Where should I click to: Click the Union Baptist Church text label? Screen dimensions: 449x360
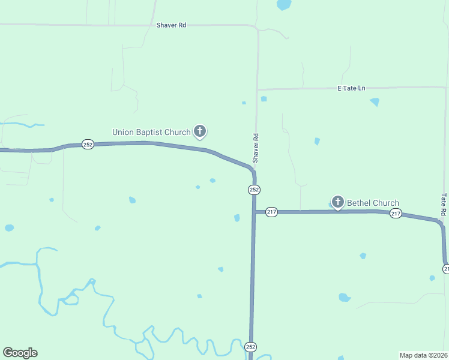(x=151, y=132)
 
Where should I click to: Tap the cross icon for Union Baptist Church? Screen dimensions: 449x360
(x=200, y=131)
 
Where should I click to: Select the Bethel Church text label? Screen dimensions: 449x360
(x=373, y=203)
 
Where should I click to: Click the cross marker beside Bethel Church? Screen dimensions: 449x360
(x=338, y=202)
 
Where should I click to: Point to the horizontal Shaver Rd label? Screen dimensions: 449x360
(x=171, y=25)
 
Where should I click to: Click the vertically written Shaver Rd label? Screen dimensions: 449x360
(x=256, y=148)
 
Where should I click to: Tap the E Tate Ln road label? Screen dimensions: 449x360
(x=351, y=88)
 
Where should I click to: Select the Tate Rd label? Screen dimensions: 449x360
(x=444, y=204)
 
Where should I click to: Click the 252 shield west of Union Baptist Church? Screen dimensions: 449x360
(x=88, y=145)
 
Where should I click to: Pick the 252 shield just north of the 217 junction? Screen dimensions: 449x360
(x=254, y=190)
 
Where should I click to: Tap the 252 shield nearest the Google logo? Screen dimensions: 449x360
(x=250, y=346)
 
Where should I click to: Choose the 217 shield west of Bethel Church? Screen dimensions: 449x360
(x=271, y=212)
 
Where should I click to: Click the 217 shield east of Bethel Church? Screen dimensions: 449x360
(x=396, y=214)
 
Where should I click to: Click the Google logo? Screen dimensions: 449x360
(x=20, y=353)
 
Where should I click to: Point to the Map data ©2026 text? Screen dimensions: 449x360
(x=423, y=355)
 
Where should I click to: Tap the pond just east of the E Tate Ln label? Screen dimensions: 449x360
(x=375, y=101)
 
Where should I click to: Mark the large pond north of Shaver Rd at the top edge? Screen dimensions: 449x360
(x=283, y=5)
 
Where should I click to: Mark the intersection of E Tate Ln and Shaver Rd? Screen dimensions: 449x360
(x=258, y=90)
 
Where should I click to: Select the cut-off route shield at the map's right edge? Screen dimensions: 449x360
(x=446, y=269)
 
